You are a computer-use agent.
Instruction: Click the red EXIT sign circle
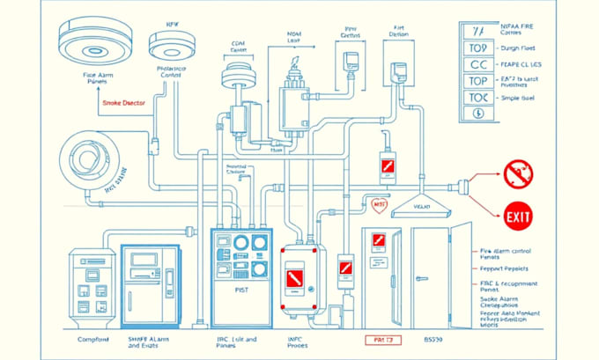click(x=518, y=214)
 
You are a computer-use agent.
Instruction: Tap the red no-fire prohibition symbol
click(x=518, y=174)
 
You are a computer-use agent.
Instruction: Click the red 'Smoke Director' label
click(x=123, y=103)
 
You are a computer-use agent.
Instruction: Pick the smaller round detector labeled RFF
click(x=172, y=45)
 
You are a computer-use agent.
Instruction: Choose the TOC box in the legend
click(x=478, y=97)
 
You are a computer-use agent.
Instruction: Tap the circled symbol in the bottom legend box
click(x=478, y=113)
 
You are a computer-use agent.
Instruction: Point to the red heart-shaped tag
click(x=379, y=205)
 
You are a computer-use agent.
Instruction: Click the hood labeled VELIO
click(x=420, y=206)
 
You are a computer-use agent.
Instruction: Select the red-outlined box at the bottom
click(x=382, y=339)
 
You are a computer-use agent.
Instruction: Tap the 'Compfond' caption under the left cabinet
click(x=93, y=339)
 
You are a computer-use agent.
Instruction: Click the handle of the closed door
click(x=423, y=278)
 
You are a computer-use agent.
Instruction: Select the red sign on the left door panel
click(x=378, y=240)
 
